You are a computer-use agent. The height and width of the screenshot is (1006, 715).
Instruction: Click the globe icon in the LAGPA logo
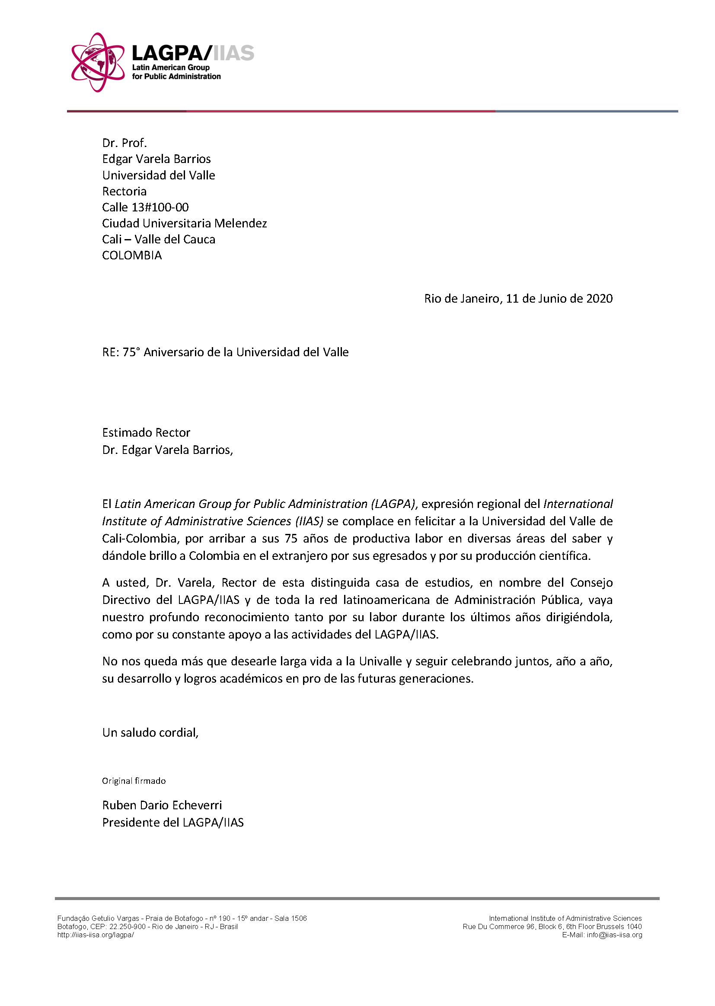(98, 62)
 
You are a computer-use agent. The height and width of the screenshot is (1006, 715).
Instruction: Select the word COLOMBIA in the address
(132, 255)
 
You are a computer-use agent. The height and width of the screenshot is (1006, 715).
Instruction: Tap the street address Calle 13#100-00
(145, 208)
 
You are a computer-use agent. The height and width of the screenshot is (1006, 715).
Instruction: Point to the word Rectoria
(124, 191)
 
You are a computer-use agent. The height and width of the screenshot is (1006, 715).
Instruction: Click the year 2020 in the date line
(599, 298)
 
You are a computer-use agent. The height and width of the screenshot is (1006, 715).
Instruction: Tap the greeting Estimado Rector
(146, 432)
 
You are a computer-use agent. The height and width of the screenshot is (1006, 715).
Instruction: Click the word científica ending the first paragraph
(565, 556)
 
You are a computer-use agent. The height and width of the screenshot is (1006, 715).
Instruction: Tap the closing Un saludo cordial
(150, 732)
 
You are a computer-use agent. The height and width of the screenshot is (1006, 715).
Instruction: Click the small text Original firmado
(134, 781)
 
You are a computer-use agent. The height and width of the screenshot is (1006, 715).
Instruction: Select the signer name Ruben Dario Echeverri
(162, 805)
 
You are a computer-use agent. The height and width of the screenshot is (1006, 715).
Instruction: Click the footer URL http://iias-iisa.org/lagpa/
(96, 935)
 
